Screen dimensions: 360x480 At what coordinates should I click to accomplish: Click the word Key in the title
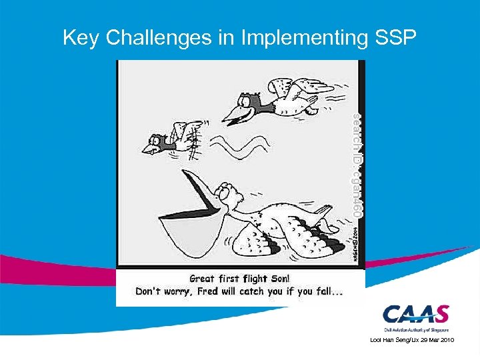pyautogui.click(x=80, y=38)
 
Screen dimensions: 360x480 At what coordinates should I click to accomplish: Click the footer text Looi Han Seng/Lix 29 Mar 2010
pyautogui.click(x=411, y=340)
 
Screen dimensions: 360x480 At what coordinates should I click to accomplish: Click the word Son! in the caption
pyautogui.click(x=277, y=279)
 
